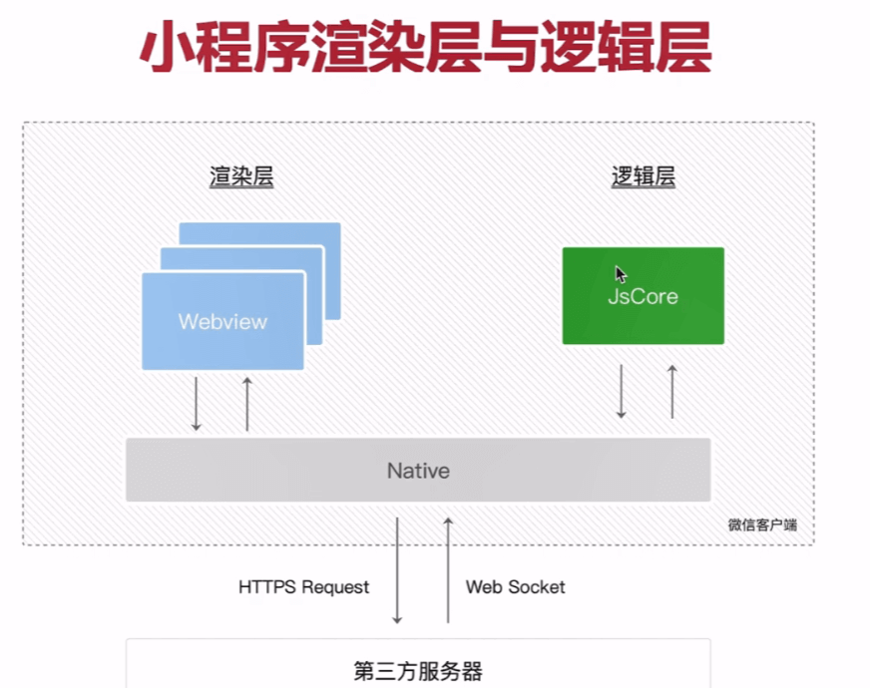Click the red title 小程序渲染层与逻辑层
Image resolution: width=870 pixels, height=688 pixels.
point(424,49)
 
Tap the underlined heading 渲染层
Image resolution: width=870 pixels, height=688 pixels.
point(241,177)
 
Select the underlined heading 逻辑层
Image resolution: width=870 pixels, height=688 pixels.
point(644,177)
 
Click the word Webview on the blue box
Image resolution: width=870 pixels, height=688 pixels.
point(222,322)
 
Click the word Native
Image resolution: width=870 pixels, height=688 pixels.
point(418,471)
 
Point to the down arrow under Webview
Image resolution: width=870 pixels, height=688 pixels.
point(197,404)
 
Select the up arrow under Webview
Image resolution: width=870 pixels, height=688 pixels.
point(247,404)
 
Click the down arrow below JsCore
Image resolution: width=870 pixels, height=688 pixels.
point(621,391)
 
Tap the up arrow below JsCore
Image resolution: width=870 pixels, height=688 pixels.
point(672,391)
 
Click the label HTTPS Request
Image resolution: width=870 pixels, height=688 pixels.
point(303,587)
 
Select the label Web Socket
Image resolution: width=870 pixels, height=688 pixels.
point(515,587)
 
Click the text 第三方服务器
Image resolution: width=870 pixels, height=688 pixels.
point(418,670)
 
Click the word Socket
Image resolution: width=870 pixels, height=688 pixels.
point(539,587)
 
